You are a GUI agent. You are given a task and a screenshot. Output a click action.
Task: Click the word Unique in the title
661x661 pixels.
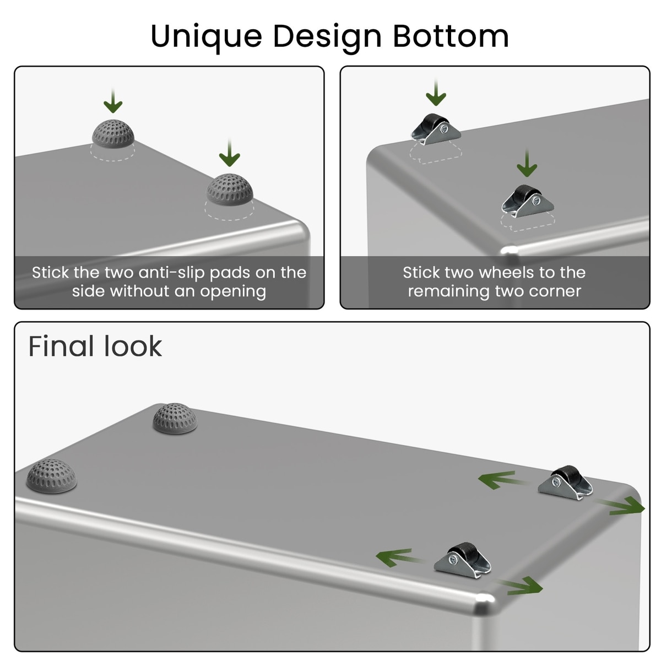pyautogui.click(x=206, y=37)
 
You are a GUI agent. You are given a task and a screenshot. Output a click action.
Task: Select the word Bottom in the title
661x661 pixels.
pyautogui.click(x=451, y=36)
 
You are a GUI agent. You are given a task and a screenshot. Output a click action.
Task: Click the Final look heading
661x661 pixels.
pyautogui.click(x=95, y=346)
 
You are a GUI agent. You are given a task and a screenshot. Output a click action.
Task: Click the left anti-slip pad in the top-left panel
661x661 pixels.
pyautogui.click(x=113, y=134)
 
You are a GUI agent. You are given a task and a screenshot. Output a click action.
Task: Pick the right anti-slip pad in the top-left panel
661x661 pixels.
pyautogui.click(x=230, y=190)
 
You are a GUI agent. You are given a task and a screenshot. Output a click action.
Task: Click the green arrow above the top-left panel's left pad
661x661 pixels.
pyautogui.click(x=113, y=101)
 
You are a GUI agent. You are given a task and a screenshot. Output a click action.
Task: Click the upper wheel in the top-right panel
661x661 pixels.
pyautogui.click(x=436, y=129)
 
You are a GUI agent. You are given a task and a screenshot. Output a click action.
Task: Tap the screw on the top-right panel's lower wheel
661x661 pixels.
pyautogui.click(x=537, y=201)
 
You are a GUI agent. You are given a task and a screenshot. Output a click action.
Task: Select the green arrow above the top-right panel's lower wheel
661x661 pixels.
pyautogui.click(x=527, y=163)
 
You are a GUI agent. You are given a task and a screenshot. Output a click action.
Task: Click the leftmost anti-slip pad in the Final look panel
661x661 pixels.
pyautogui.click(x=51, y=476)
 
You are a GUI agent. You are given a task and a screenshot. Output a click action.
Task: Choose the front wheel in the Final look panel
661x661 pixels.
pyautogui.click(x=462, y=560)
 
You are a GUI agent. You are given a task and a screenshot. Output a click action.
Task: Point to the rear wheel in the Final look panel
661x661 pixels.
pyautogui.click(x=565, y=483)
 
